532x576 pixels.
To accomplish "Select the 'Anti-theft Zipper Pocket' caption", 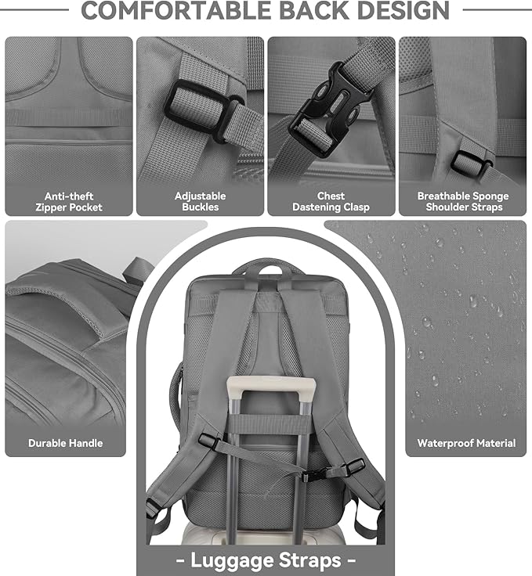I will pos(69,202).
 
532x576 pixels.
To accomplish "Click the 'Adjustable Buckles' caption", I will pos(200,202).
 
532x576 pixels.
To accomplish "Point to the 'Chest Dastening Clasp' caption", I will pos(331,202).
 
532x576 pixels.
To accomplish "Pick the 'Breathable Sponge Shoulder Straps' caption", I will pos(462,202).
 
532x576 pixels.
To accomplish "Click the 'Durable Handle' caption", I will pos(65,443).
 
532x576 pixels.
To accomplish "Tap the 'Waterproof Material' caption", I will pos(466,443).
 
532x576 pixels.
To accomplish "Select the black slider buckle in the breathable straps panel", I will pos(471,163).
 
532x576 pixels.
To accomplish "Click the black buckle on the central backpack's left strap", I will pos(208,441).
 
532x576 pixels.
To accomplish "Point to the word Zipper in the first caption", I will pos(52,207).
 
